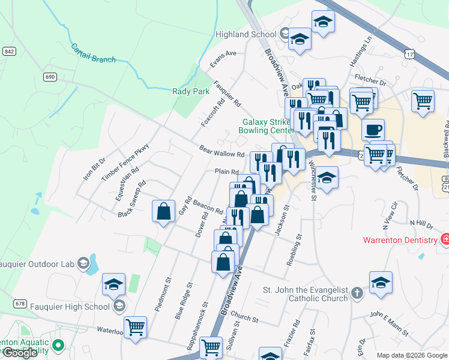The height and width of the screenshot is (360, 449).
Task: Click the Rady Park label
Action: point(191,91)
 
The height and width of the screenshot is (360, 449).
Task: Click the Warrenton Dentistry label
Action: point(400,241)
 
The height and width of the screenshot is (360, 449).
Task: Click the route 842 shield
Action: point(8,52)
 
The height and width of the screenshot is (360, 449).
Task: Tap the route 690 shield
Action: point(50,77)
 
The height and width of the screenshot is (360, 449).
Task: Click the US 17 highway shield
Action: point(409,54)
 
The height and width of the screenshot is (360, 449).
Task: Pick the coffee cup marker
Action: point(373,130)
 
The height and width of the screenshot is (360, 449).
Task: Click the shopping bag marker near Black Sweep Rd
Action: point(163,212)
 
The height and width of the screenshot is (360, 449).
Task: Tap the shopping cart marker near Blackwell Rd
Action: point(423,100)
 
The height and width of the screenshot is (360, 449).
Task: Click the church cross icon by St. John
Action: point(357,293)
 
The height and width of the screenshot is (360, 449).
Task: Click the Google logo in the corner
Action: point(20,353)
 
